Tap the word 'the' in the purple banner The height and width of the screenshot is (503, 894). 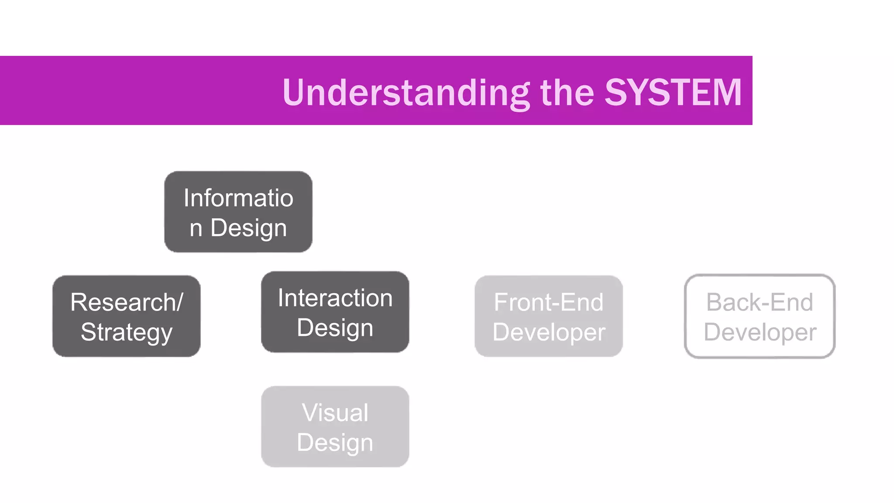567,92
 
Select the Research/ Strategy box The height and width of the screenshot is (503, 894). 127,316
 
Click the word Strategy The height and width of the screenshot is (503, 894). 127,332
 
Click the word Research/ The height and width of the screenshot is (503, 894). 127,302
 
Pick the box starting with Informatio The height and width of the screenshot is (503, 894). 238,212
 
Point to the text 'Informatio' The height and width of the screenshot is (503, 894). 238,198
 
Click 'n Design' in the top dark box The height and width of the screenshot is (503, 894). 238,227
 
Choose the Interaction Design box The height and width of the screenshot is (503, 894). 335,312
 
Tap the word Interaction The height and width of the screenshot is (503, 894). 335,298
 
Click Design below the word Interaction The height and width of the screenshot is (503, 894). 335,327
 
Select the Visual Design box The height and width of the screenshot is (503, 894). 335,427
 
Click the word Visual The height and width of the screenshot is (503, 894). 335,412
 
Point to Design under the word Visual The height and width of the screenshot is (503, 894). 335,442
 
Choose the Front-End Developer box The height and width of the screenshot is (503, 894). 549,316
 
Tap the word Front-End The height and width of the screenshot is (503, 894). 549,302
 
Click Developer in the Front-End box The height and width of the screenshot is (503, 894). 549,332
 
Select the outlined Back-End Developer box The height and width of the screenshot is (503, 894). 760,316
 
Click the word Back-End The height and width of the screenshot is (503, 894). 760,302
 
